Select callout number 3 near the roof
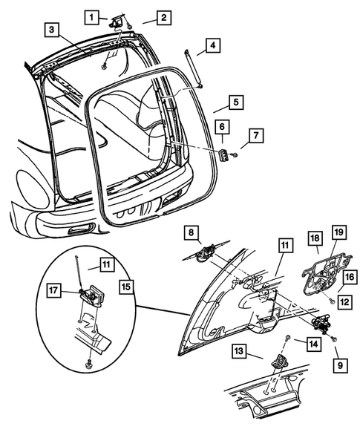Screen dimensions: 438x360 (x=51, y=30)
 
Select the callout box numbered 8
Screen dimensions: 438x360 (x=193, y=232)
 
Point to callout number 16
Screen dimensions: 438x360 (x=348, y=277)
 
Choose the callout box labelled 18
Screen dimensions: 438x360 (x=315, y=238)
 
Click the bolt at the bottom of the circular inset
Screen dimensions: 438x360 (x=88, y=365)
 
